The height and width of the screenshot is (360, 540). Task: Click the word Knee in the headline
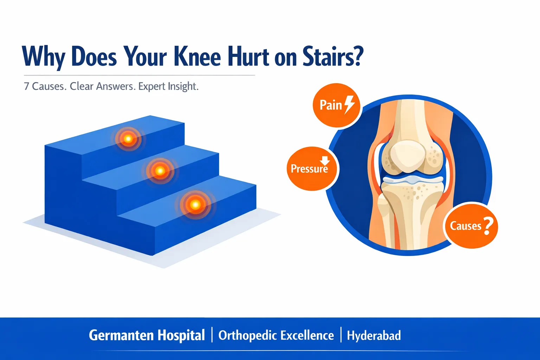tap(197, 57)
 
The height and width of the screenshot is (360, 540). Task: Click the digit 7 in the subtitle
tap(26, 86)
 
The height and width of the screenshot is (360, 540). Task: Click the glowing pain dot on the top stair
tap(128, 139)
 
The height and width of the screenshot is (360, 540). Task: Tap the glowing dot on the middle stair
tap(160, 171)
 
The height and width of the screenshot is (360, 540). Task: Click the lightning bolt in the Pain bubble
tap(349, 104)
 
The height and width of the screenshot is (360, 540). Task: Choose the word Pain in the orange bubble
tap(330, 105)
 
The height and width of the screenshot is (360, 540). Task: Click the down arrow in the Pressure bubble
tap(324, 160)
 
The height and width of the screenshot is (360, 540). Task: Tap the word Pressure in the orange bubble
tap(309, 169)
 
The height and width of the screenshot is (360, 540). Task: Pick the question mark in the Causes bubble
tap(488, 226)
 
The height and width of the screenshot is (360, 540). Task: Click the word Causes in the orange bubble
tap(465, 226)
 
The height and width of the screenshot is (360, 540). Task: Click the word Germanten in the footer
tap(121, 335)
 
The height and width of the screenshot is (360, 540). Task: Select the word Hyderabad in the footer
tap(374, 335)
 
